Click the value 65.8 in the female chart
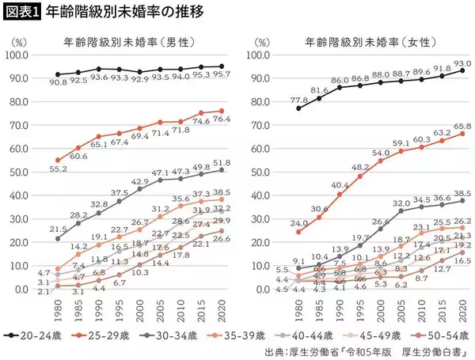pos(462,126)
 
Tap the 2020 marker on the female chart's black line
pos(462,70)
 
